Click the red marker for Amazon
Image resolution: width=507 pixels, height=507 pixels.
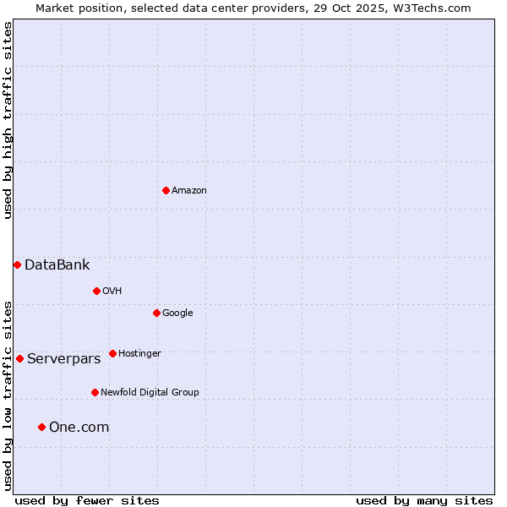click(x=166, y=190)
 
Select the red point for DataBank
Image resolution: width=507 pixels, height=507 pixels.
click(x=17, y=264)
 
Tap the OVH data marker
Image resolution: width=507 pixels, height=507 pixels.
click(x=96, y=291)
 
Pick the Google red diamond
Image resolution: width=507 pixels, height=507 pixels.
click(x=156, y=313)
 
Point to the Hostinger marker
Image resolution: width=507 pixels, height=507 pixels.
click(x=112, y=353)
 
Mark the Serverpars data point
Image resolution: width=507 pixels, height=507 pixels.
click(x=19, y=358)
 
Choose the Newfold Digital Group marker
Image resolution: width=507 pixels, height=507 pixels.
click(x=95, y=392)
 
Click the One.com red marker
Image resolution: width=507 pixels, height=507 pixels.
click(x=41, y=427)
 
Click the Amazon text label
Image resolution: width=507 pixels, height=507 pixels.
click(x=189, y=191)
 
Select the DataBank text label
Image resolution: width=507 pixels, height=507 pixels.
click(x=57, y=265)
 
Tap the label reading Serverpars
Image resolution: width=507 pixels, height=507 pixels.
click(x=63, y=359)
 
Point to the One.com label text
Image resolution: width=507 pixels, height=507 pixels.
click(x=79, y=428)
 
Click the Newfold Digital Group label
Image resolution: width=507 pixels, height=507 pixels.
click(x=150, y=392)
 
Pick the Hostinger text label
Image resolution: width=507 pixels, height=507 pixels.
click(x=139, y=353)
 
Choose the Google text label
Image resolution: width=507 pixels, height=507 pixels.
click(x=177, y=313)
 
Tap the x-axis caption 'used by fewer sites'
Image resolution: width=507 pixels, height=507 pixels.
click(x=87, y=500)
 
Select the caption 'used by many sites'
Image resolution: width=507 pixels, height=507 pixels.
click(x=424, y=500)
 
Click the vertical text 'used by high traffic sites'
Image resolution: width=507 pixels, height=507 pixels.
click(x=8, y=120)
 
